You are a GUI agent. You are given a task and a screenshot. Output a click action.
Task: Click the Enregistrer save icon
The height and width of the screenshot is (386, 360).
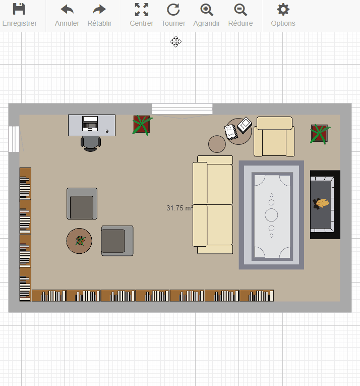point(19,9)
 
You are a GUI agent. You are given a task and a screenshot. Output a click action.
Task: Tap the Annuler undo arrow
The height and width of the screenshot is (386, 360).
point(67,10)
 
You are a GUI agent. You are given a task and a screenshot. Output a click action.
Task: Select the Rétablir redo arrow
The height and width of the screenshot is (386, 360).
point(99,10)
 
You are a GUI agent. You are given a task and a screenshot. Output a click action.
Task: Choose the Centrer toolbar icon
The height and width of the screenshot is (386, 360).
point(142,10)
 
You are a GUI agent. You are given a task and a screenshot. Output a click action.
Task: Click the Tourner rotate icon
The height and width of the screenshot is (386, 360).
point(173,10)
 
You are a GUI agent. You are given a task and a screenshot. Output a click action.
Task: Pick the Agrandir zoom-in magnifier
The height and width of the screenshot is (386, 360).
point(207,10)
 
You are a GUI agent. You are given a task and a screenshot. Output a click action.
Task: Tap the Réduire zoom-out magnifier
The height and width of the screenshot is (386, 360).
point(241,10)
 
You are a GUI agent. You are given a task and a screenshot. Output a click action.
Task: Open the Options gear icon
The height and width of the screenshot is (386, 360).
point(283,10)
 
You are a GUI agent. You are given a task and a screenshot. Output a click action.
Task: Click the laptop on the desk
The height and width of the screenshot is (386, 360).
point(90,124)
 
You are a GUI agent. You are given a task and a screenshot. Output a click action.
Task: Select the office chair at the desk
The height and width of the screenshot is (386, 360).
point(91,144)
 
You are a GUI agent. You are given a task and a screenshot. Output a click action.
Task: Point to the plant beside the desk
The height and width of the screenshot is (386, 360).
point(142,125)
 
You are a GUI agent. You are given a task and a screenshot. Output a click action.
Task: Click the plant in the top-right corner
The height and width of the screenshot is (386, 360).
point(320,134)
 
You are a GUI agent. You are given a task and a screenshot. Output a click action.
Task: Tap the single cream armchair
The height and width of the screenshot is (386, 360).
point(274,137)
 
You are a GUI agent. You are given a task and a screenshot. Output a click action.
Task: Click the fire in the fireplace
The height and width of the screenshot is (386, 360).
point(321,204)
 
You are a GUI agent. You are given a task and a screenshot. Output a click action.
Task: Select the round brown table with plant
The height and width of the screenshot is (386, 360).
point(79,241)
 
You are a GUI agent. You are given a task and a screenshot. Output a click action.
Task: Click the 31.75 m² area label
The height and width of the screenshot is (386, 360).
point(179,208)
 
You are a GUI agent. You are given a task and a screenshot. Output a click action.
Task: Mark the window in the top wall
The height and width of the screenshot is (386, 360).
point(182,109)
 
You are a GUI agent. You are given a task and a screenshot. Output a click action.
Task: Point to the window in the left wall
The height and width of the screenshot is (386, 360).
point(14,139)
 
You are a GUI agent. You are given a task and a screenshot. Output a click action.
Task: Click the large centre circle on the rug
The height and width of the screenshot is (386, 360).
point(271,215)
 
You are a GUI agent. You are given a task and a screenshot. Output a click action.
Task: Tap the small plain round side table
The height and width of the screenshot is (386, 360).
point(217,144)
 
